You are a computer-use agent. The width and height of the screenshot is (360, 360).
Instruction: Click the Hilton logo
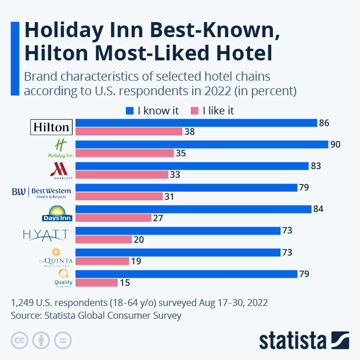(51, 127)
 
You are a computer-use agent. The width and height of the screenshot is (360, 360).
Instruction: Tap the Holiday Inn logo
(60, 149)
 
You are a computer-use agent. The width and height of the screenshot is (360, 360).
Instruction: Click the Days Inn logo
(56, 214)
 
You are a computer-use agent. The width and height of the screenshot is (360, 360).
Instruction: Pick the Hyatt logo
(46, 235)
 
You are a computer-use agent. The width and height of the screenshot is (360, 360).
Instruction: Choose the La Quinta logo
(55, 256)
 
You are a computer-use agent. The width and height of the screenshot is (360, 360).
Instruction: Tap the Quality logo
(63, 278)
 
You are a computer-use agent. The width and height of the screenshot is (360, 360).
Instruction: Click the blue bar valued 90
(201, 145)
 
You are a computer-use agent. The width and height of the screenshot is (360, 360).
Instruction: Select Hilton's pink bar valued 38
(129, 132)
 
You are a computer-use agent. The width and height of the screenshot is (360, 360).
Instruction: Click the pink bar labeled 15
(96, 282)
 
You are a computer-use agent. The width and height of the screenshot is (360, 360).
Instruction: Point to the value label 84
(318, 209)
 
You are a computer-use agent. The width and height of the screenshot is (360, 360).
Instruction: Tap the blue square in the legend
(129, 110)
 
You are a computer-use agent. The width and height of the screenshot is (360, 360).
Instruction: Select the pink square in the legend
(195, 110)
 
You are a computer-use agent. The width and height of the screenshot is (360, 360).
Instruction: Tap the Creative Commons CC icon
(19, 340)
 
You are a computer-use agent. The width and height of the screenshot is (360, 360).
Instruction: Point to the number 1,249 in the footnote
(24, 303)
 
